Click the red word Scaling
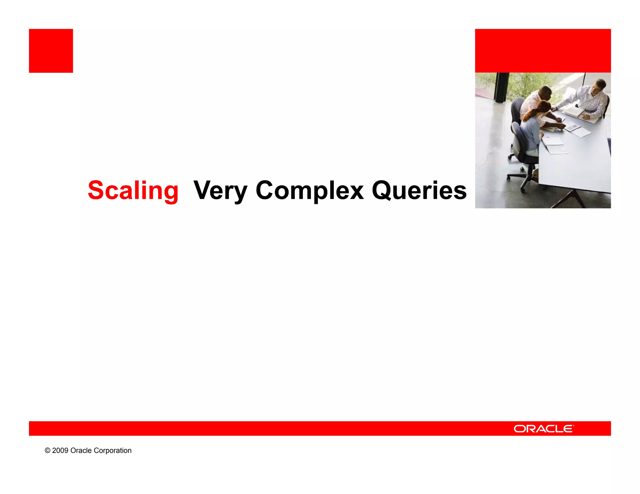coord(133,190)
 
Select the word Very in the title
coord(220,190)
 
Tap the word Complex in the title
coord(309,190)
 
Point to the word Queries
coord(419,190)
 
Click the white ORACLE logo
coord(543,429)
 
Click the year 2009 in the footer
coord(60,451)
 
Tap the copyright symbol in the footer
coord(47,451)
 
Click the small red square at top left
coord(51,51)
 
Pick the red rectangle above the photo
coord(543,51)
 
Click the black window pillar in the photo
coord(502,87)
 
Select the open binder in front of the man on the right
coord(574,111)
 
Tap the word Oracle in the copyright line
coord(81,451)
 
